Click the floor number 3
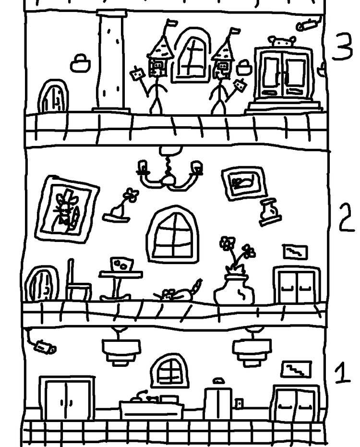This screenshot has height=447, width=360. point(343,47)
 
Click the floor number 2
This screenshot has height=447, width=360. point(347,217)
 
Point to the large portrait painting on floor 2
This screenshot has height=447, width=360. point(67,209)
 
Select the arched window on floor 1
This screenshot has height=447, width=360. point(169,371)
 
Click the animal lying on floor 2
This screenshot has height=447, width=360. point(178,292)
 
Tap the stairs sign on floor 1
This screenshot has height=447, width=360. point(296,370)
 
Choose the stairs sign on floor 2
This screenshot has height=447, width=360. point(295,252)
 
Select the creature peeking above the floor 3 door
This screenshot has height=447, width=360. point(282,42)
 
